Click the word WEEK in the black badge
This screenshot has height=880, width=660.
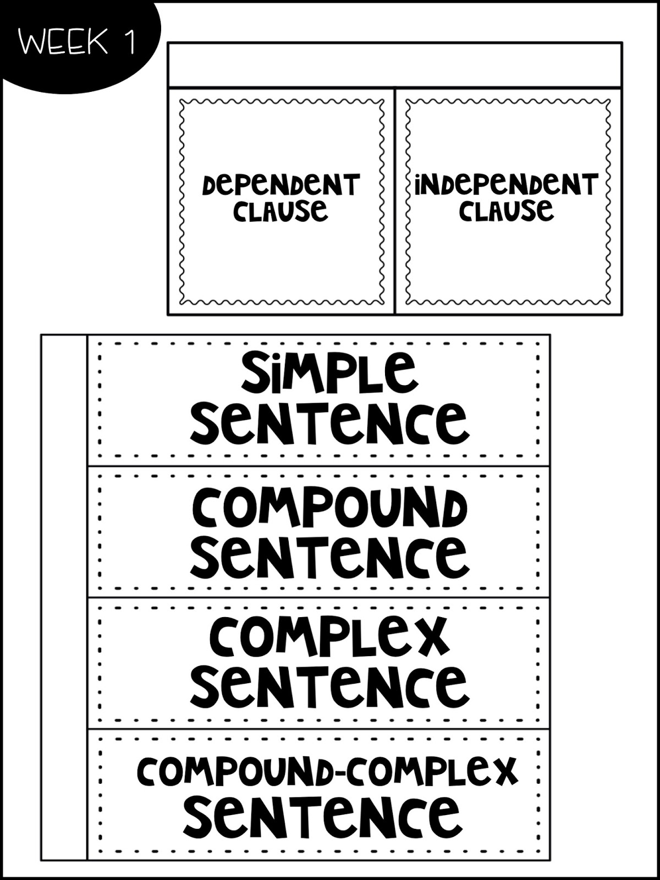coord(63,42)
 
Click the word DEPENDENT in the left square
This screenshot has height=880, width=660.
coord(280,185)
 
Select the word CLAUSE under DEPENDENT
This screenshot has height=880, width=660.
coord(280,211)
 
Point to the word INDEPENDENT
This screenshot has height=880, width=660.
coord(506,185)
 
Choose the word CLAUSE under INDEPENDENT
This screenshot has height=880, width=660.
coord(506,211)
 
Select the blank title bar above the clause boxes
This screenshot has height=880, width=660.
coord(395,64)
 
